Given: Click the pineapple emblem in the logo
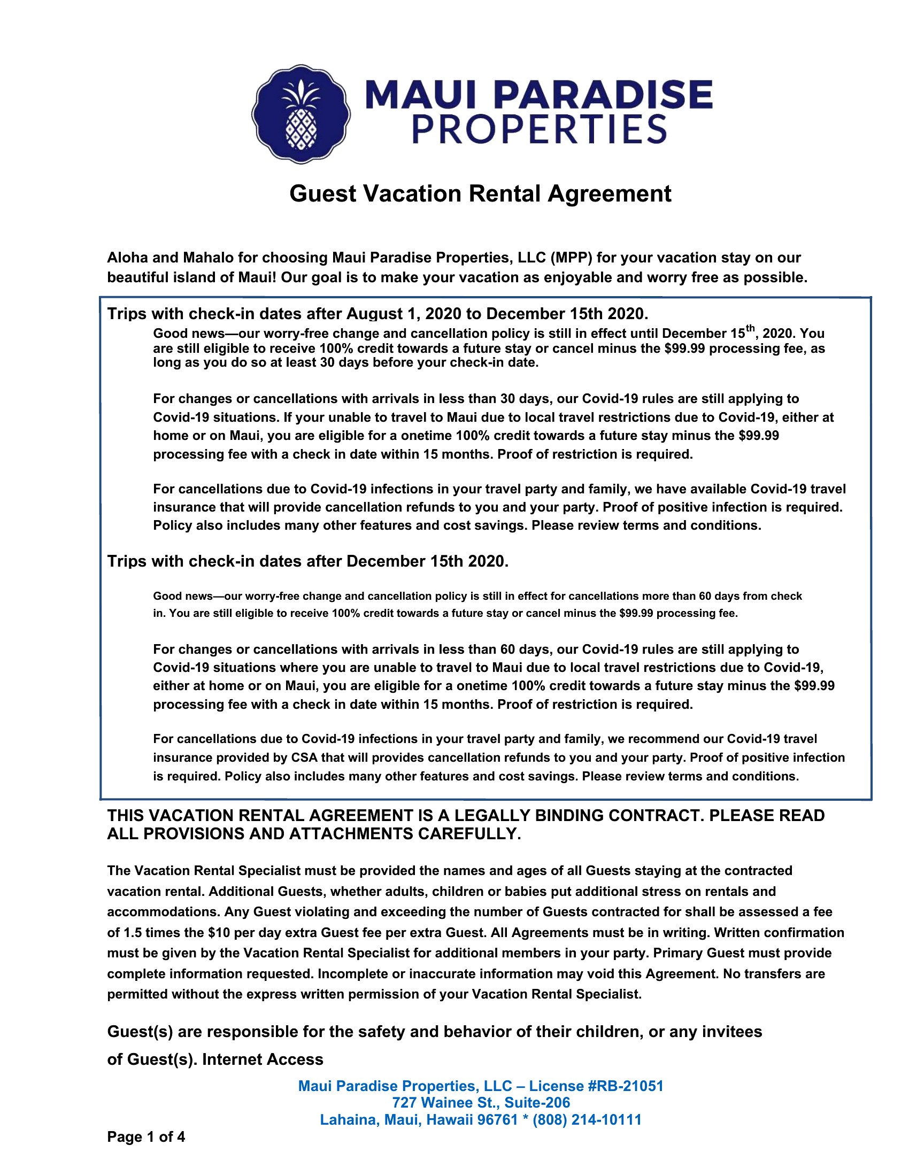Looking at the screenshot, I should (301, 114).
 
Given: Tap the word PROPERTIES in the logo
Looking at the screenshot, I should (539, 130).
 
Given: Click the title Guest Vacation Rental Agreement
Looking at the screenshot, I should (480, 194).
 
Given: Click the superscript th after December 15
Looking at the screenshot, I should (750, 328).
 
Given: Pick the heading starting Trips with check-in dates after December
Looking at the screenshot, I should (307, 562).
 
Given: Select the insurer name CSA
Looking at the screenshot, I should (304, 757).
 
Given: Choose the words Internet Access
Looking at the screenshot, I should (263, 1059).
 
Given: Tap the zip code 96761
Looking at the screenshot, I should (498, 1120).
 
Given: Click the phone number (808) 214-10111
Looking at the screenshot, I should (587, 1120).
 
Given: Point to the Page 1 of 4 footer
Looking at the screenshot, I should (146, 1136).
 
